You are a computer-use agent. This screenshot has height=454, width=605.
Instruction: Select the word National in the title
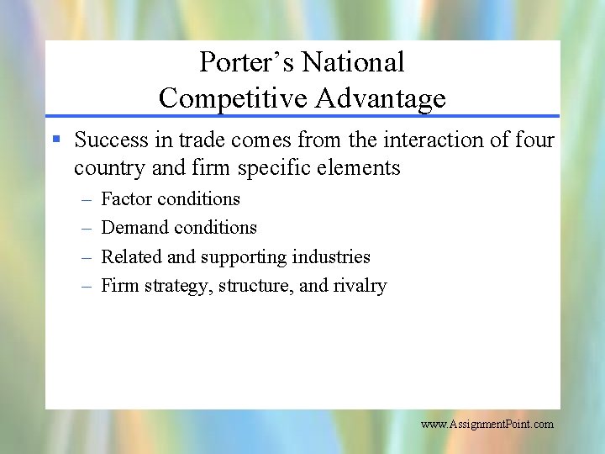pos(353,62)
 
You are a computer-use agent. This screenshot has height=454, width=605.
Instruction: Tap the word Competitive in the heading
pos(234,98)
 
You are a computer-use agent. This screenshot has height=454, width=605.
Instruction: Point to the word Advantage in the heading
pos(381,98)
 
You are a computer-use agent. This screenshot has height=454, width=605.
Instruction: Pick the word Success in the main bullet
pos(110,140)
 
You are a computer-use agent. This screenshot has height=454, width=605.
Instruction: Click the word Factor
pos(126,199)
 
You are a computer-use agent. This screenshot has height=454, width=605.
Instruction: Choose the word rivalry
pos(360,286)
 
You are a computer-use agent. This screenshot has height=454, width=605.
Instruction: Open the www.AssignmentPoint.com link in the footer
pos(487,424)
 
